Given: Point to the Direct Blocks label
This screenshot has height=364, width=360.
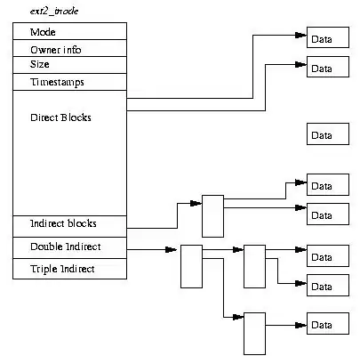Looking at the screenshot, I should (x=60, y=117).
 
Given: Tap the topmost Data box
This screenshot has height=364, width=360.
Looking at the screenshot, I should (x=325, y=39).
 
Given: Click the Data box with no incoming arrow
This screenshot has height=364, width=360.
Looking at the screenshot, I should (x=325, y=135).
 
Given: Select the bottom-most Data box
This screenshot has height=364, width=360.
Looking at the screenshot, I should (x=325, y=324).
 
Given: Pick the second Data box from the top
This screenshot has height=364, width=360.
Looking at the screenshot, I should (x=325, y=68).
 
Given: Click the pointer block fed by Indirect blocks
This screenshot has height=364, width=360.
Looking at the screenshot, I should (x=212, y=215).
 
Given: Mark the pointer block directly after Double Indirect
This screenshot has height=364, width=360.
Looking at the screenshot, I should (x=191, y=265).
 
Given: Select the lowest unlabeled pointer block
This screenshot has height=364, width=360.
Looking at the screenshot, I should (x=255, y=334).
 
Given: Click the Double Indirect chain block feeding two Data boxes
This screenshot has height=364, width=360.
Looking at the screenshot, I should (x=255, y=264).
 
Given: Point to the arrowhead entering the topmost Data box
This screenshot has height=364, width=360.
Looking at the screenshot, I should (x=302, y=36).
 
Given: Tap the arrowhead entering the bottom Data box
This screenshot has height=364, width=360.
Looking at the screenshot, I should (x=302, y=325).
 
